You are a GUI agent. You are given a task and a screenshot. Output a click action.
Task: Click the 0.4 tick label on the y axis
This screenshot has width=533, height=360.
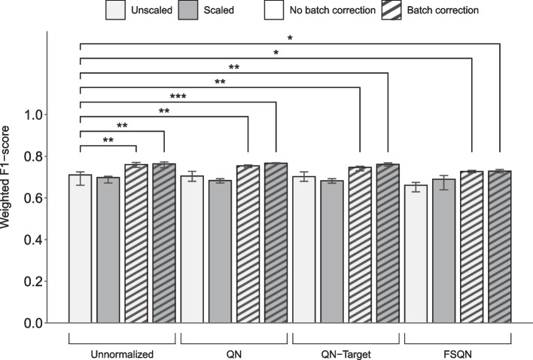point(35,240)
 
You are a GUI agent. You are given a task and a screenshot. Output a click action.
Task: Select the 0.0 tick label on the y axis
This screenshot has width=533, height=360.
point(35,323)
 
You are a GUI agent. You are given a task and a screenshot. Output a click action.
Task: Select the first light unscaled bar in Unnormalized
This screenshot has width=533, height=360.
point(81,249)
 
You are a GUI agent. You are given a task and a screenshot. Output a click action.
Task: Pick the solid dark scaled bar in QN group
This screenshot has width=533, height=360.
point(220,252)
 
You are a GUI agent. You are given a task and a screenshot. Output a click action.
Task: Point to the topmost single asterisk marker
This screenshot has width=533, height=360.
point(290,37)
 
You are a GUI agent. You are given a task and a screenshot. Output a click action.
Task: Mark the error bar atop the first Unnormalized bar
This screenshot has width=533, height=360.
point(81,178)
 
